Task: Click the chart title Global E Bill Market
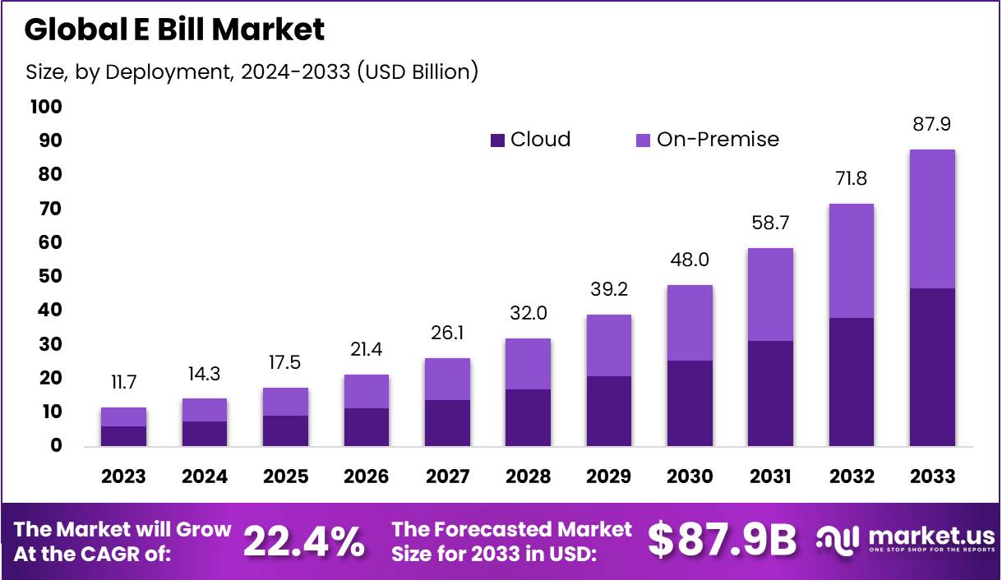[174, 30]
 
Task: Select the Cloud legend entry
[530, 140]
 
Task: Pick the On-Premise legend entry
[707, 140]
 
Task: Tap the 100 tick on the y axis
[45, 107]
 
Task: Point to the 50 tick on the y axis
[49, 276]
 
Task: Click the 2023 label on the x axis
[123, 476]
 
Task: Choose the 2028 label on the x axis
[528, 476]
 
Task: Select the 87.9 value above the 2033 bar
[931, 125]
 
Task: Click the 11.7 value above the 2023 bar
[123, 383]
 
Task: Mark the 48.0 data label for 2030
[690, 260]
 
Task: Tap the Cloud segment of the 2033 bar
[932, 367]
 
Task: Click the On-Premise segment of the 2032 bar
[851, 260]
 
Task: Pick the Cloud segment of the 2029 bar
[609, 411]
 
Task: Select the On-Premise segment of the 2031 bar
[770, 294]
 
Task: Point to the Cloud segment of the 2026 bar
[366, 427]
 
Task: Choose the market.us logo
[904, 540]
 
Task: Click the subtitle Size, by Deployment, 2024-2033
[252, 71]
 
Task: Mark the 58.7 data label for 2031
[770, 223]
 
